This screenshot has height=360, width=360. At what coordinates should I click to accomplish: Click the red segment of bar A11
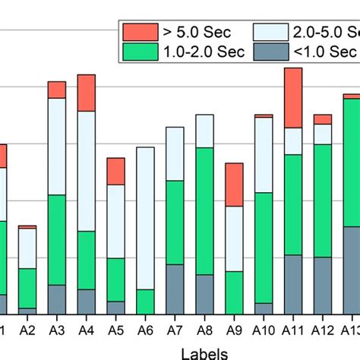(293, 97)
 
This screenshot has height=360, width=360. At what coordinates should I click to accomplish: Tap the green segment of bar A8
(204, 210)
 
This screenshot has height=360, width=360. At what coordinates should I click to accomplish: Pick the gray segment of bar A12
(323, 286)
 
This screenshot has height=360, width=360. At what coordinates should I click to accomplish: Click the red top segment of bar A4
(87, 93)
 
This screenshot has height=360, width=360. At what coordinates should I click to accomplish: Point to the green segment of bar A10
(264, 248)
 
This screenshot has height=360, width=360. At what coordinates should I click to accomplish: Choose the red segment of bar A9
(234, 184)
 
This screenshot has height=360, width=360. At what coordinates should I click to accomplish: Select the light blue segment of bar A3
(57, 147)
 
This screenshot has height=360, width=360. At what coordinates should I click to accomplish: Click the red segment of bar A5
(115, 172)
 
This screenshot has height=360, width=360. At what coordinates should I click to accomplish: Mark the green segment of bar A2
(27, 288)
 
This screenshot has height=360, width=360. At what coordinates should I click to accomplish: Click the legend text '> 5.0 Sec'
(197, 32)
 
